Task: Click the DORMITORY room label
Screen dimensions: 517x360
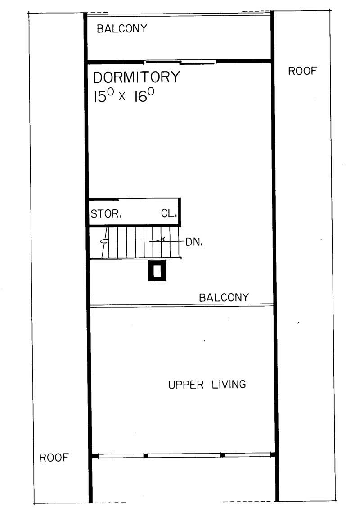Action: tap(136, 77)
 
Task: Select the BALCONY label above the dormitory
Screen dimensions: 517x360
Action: tap(122, 29)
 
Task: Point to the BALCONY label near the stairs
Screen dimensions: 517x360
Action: tap(224, 298)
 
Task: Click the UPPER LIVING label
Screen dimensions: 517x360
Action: tap(207, 385)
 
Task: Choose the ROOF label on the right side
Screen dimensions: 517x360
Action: tap(302, 71)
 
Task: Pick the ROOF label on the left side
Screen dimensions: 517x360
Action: tap(54, 458)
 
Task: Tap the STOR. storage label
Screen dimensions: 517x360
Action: tap(106, 214)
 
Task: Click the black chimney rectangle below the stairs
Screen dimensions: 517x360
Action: tap(157, 271)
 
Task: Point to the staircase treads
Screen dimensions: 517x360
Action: tap(135, 242)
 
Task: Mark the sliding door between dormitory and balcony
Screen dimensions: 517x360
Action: tap(180, 62)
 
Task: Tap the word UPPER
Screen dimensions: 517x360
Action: tap(185, 385)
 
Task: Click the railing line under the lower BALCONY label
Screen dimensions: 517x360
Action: tap(182, 306)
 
